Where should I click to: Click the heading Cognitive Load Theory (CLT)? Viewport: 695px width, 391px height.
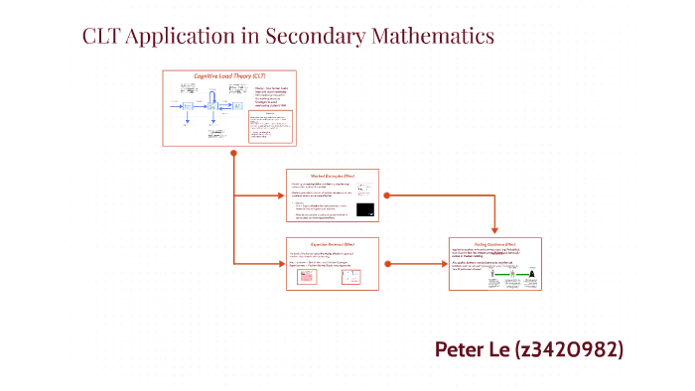[x=229, y=76]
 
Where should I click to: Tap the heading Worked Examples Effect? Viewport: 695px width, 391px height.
[x=332, y=176]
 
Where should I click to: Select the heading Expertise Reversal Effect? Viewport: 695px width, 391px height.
[x=332, y=244]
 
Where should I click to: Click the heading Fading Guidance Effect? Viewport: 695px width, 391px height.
[x=495, y=244]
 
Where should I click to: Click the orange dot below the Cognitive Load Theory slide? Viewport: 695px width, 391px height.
[x=233, y=154]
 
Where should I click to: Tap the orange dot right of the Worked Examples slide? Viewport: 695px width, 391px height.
[x=385, y=195]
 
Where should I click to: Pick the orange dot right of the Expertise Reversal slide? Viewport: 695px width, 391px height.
[x=385, y=263]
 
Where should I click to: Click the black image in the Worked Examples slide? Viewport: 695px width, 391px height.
[x=365, y=209]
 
